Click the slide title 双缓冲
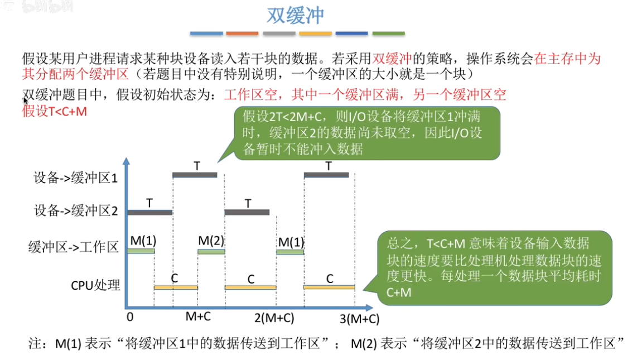[x=295, y=16]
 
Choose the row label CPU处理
[x=95, y=285]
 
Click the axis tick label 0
[x=130, y=316]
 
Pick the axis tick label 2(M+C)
[x=274, y=319]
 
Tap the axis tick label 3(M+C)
[x=360, y=319]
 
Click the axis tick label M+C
[x=198, y=316]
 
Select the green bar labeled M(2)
[x=211, y=252]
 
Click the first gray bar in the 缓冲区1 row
[x=195, y=175]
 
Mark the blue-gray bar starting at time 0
[x=150, y=212]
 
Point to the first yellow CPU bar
[x=176, y=287]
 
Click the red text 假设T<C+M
[x=54, y=111]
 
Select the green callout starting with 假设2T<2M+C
[x=366, y=133]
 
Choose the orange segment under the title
[x=242, y=33]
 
